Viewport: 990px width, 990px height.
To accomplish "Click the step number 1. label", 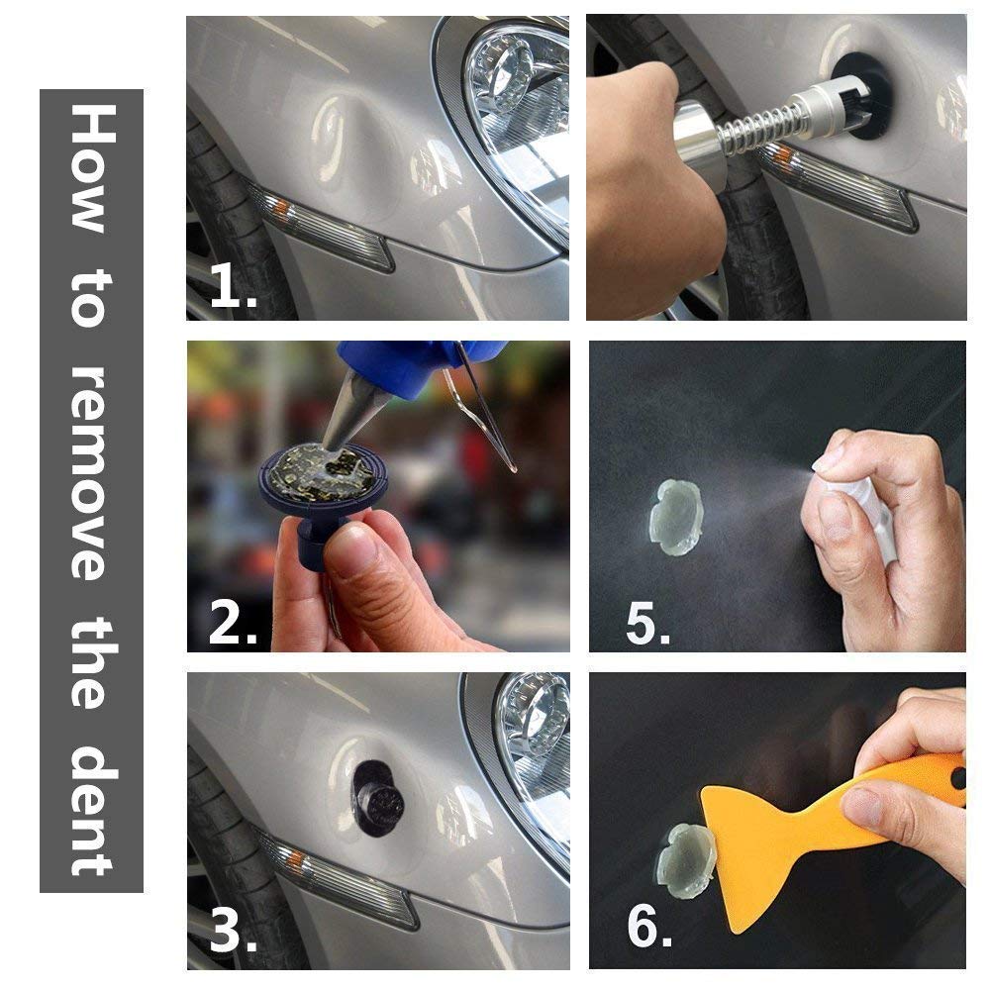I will (x=234, y=288).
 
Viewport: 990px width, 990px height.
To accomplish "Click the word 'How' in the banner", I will (x=90, y=168).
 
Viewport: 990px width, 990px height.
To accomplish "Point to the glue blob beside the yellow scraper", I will (x=683, y=860).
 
